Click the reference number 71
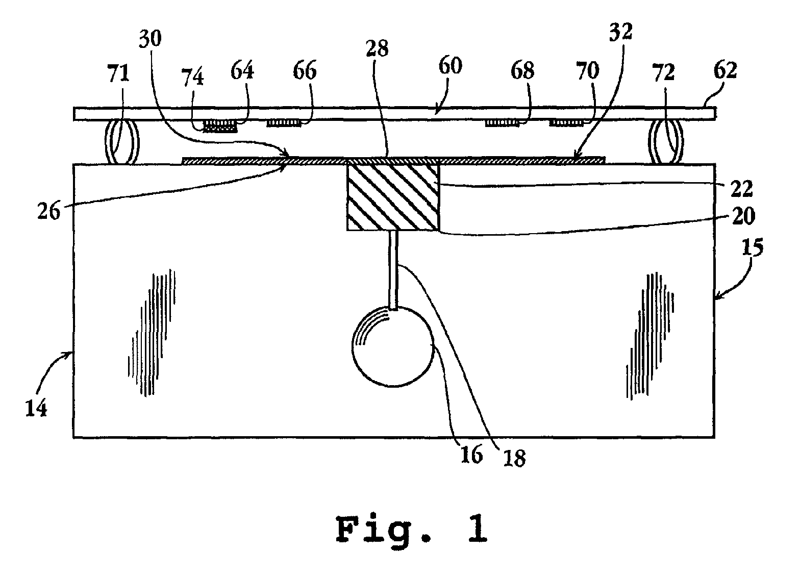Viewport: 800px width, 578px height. tap(118, 74)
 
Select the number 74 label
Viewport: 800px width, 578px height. tap(193, 79)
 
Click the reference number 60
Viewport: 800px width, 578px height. tap(449, 67)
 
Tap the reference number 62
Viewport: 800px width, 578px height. tap(724, 70)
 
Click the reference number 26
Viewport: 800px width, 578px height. tap(48, 210)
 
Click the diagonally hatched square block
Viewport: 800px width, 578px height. tap(392, 197)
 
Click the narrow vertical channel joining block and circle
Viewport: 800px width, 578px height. tap(393, 269)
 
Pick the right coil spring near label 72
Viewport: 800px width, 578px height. tap(666, 142)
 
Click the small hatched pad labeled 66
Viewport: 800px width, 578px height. tap(283, 123)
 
